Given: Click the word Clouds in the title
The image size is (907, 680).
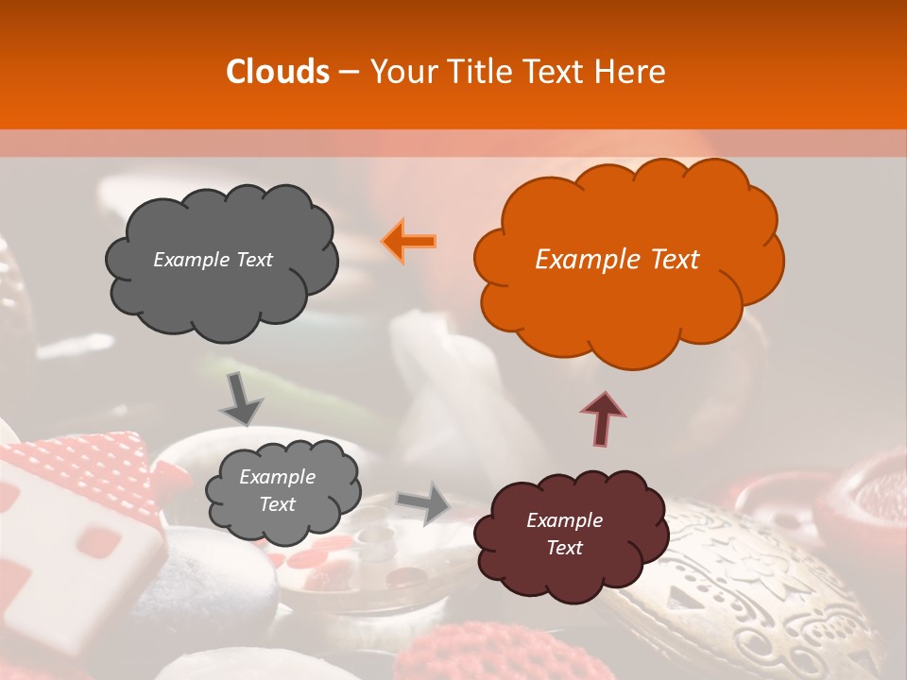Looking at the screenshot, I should pos(277,72).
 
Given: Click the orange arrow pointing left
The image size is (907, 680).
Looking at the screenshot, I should pos(409,240).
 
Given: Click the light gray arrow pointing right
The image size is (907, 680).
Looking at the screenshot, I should pos(424,502).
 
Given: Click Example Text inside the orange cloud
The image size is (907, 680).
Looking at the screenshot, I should pos(617,260).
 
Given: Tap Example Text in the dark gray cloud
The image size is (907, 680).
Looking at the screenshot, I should pos(213,260).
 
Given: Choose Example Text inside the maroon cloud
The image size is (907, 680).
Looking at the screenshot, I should pos(564,534).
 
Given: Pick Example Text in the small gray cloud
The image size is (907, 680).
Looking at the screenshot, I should pos(277,491).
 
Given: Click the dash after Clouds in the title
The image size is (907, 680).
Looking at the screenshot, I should pos(349,73).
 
